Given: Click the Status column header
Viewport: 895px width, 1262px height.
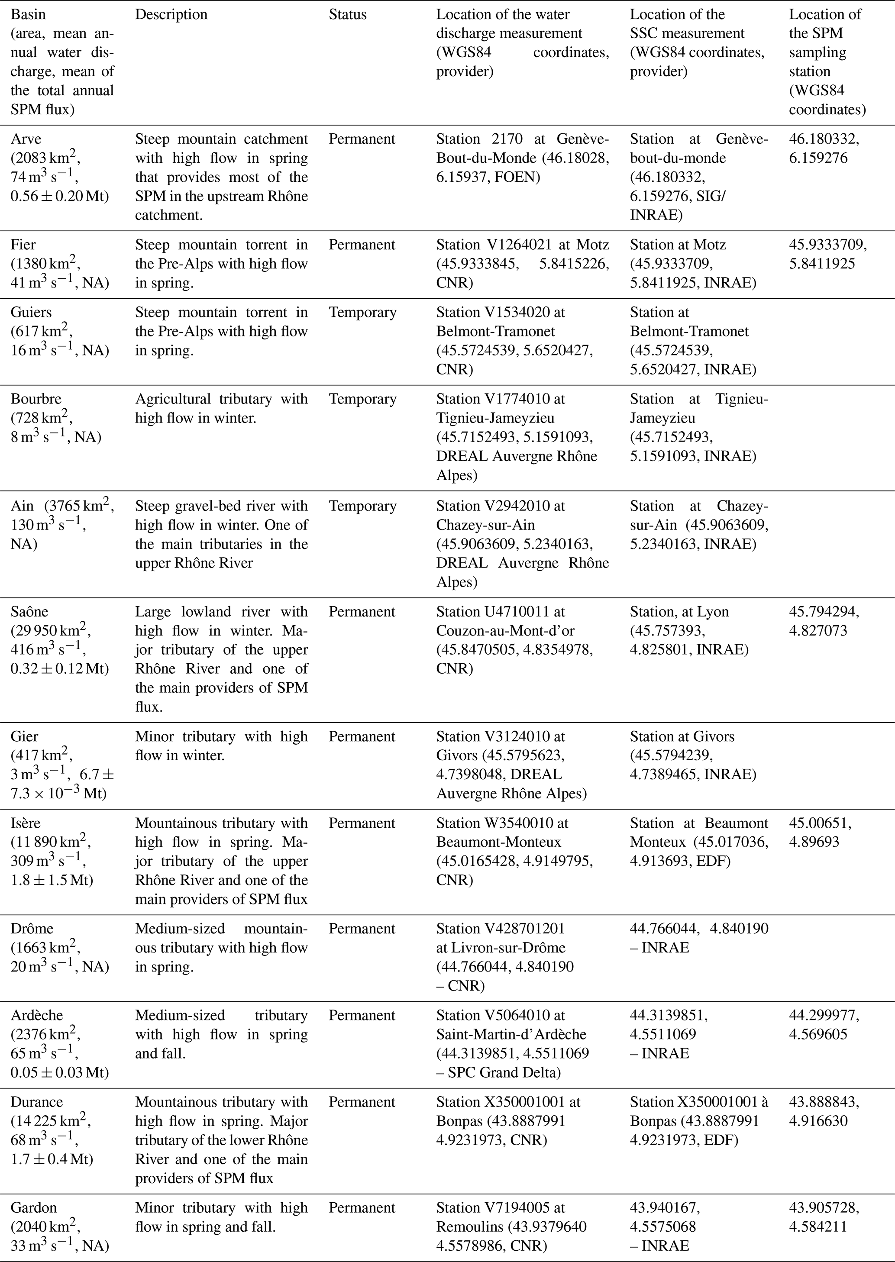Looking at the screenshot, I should pos(347,15).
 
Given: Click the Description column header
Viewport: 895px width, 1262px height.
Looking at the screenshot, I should pos(171,15).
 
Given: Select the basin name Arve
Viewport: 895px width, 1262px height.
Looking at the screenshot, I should pos(26,139).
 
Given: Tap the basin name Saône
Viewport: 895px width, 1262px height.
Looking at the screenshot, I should pos(29,612).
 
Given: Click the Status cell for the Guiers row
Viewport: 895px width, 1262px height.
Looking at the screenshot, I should pos(362,313).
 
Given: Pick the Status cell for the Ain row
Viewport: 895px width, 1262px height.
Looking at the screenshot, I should pos(362,506).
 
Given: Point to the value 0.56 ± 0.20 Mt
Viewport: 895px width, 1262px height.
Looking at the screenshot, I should pos(59,197).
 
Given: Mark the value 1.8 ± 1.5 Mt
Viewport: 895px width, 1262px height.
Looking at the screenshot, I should pos(52,880).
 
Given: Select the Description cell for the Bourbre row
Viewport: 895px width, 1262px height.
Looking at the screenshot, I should pos(221,408).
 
